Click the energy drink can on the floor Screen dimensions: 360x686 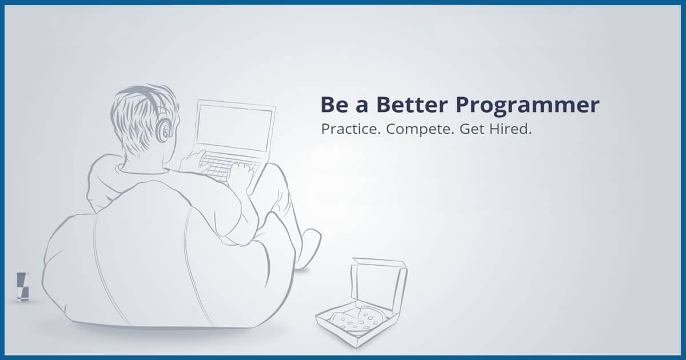pos(22,287)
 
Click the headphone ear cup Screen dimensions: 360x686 pos(163,130)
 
